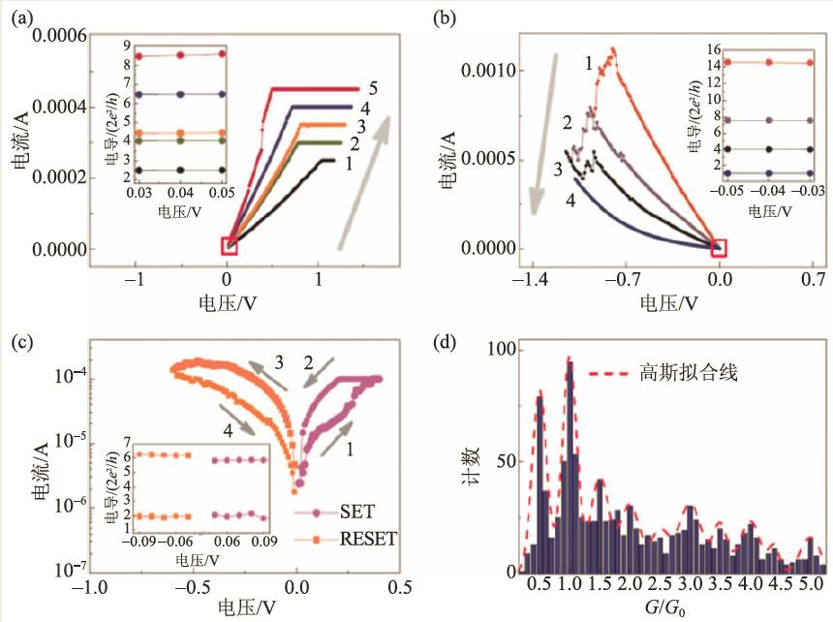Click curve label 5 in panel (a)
(373, 89)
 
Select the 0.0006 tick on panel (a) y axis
(60, 36)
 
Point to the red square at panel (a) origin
(230, 245)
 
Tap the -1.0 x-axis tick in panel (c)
(90, 587)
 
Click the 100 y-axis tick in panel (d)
(498, 349)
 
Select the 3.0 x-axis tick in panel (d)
(691, 588)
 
